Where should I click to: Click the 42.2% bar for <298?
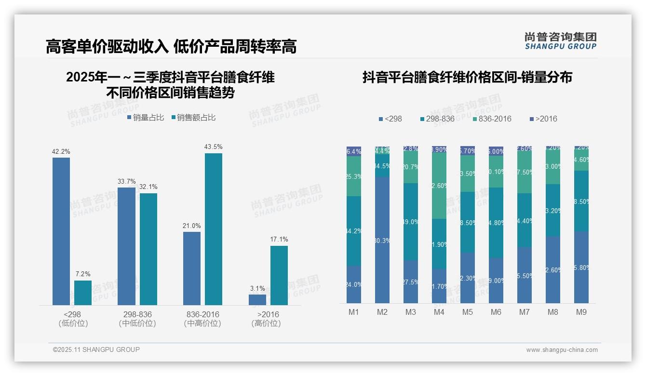click(61, 231)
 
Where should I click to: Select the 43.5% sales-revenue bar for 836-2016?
click(213, 229)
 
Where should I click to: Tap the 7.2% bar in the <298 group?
click(83, 293)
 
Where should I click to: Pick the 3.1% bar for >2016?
click(257, 299)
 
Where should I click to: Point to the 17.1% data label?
click(279, 239)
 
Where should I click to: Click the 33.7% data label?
click(126, 181)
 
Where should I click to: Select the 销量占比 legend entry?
click(146, 118)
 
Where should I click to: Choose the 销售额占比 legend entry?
click(193, 118)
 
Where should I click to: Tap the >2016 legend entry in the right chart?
click(543, 119)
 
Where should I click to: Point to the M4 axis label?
click(439, 312)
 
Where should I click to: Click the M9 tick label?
click(581, 312)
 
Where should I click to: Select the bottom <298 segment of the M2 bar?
click(382, 240)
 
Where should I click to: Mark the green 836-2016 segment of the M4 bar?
click(439, 186)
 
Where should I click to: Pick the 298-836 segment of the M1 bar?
click(354, 231)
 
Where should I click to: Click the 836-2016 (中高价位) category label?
click(202, 319)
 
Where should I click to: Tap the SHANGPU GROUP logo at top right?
click(560, 41)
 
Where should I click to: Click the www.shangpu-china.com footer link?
click(562, 350)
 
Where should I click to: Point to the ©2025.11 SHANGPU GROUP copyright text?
click(96, 349)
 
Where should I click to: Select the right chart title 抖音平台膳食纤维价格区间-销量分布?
click(467, 77)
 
